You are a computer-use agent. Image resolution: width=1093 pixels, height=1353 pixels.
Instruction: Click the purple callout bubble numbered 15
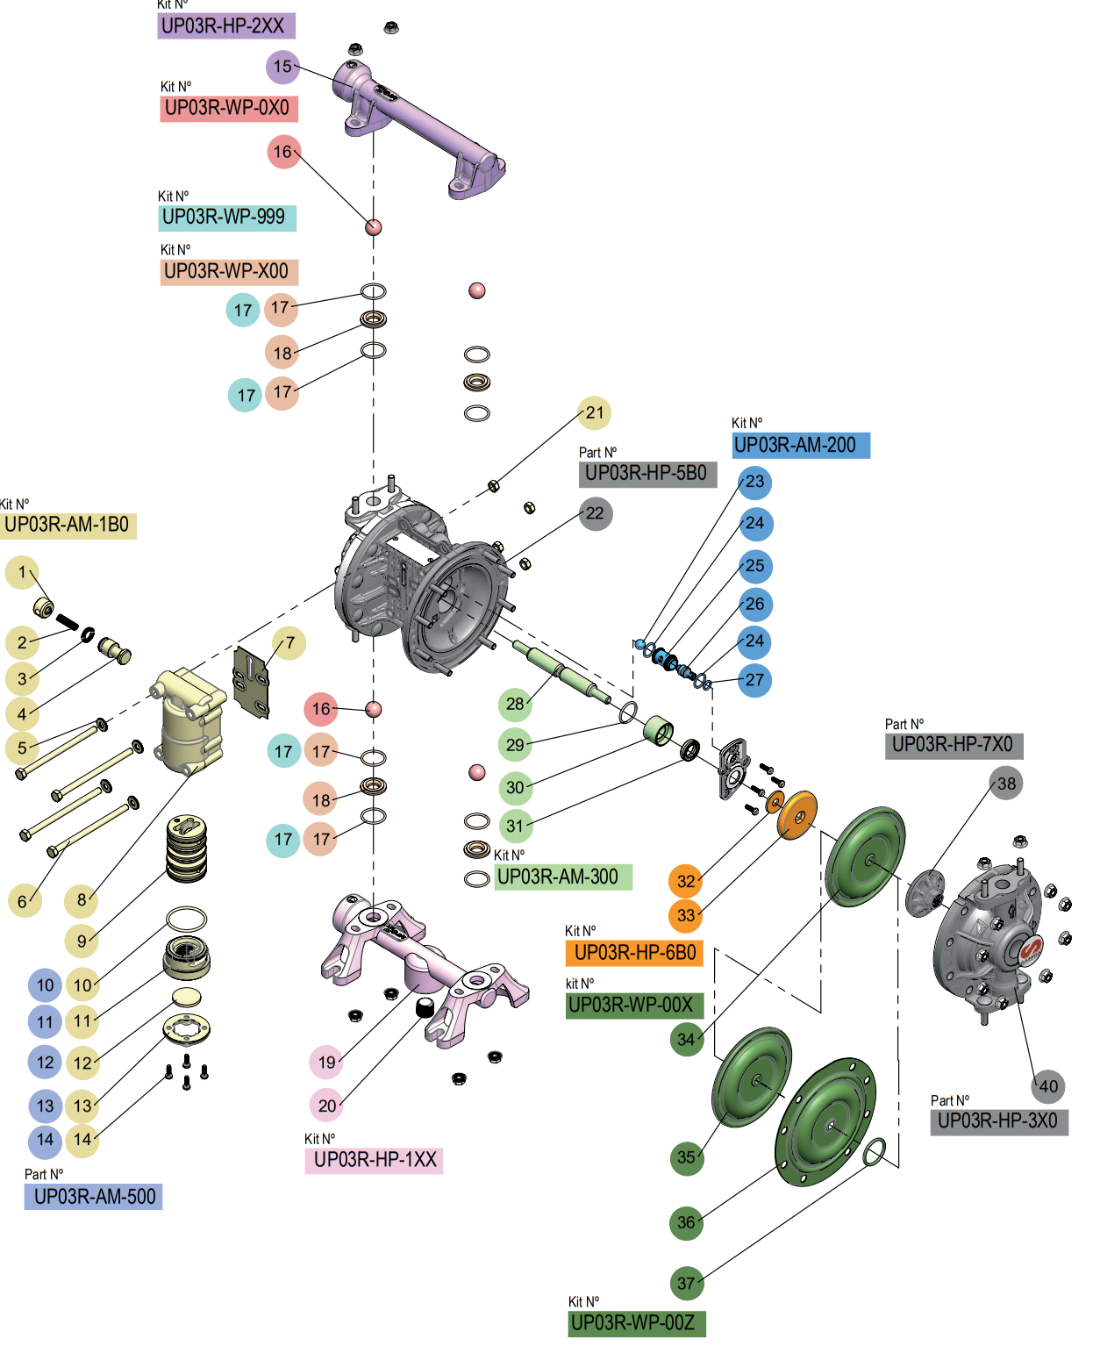(x=282, y=67)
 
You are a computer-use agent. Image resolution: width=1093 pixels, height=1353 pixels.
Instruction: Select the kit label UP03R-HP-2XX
(x=226, y=26)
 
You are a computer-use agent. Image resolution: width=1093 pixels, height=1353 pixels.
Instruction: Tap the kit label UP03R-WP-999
(x=227, y=217)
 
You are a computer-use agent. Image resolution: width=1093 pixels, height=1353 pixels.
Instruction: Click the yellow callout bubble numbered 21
(x=595, y=412)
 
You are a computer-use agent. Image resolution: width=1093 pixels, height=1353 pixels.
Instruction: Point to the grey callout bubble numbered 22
(x=595, y=513)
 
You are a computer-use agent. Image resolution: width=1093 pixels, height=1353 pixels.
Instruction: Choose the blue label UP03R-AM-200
(x=800, y=445)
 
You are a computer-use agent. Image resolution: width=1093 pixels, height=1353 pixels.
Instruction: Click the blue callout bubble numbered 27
(x=754, y=679)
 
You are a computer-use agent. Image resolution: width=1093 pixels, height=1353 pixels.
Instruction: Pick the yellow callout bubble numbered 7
(x=289, y=643)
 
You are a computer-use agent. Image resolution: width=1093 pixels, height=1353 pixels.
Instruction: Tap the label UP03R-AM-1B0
(x=68, y=525)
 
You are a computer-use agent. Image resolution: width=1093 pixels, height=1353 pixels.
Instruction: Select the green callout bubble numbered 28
(x=515, y=703)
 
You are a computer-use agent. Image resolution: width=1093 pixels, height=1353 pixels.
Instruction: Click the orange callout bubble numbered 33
(x=686, y=915)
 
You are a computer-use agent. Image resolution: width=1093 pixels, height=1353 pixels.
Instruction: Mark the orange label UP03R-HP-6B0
(x=634, y=953)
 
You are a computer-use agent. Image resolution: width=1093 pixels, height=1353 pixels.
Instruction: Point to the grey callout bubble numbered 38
(x=1006, y=784)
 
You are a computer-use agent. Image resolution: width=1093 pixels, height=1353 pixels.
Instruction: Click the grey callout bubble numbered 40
(x=1048, y=1086)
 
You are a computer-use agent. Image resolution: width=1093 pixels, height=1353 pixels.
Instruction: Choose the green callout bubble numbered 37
(x=686, y=1283)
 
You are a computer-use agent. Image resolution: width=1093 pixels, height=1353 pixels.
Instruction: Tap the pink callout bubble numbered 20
(x=326, y=1106)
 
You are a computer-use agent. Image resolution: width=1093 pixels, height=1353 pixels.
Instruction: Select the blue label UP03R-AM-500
(x=94, y=1197)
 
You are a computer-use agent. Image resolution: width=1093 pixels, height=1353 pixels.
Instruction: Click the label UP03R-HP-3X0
(x=998, y=1121)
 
